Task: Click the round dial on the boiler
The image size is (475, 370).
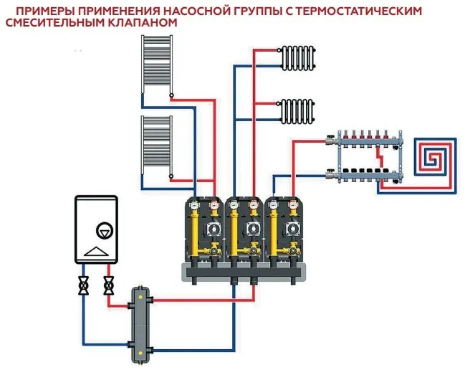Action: point(104,229)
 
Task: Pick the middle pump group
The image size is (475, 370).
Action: point(244,229)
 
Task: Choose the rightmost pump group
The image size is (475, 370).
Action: point(284,229)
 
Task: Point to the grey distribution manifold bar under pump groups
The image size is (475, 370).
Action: point(244,270)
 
